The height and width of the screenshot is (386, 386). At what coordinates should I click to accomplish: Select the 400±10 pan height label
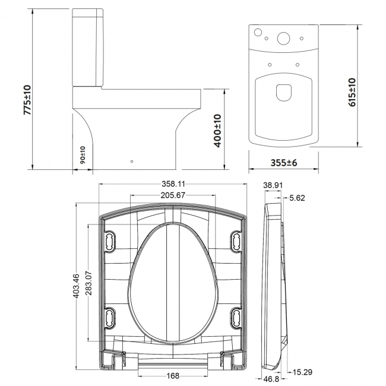tap(217, 131)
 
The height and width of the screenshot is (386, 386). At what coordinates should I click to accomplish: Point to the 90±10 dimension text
tap(83, 156)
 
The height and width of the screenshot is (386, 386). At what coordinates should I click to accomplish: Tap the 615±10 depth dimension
tap(352, 91)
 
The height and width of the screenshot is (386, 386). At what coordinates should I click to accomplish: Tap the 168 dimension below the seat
tap(173, 375)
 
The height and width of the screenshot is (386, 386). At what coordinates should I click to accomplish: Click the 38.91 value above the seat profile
tap(273, 185)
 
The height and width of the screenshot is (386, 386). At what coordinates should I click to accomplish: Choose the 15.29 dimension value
tap(298, 372)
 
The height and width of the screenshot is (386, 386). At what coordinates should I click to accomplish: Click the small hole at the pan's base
tap(132, 161)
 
